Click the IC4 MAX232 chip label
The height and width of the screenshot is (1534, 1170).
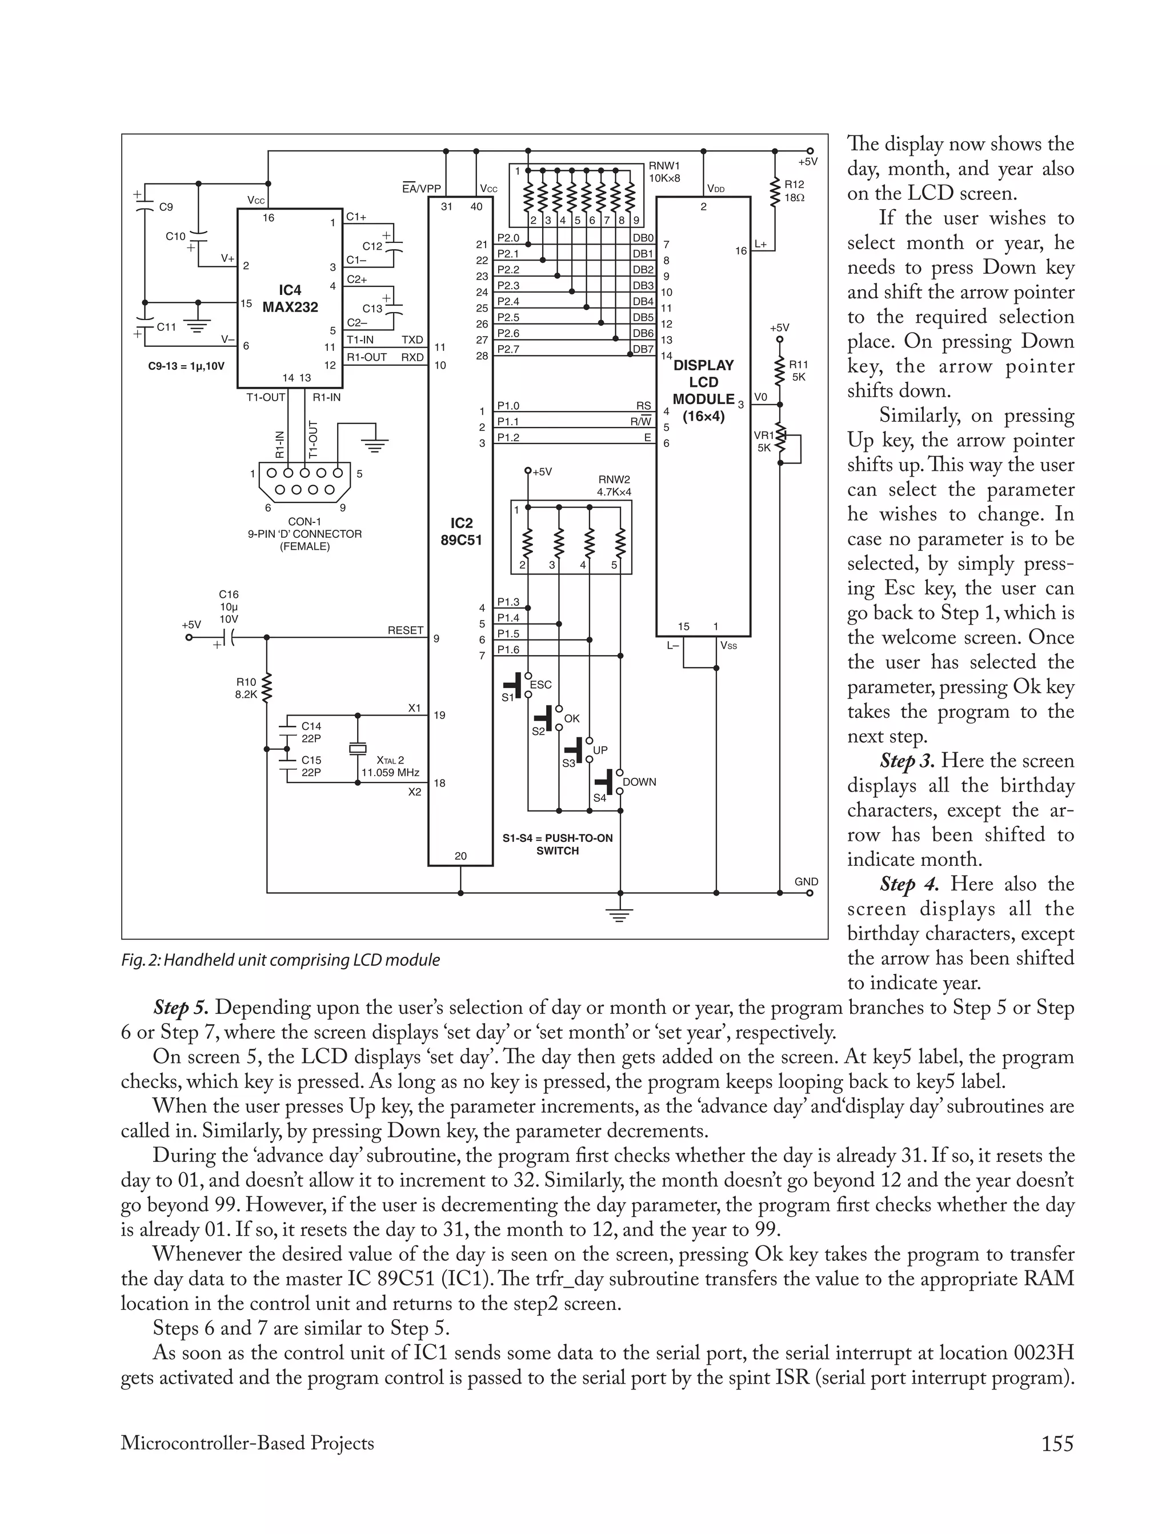click(x=290, y=298)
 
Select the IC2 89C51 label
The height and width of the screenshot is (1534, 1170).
click(x=461, y=532)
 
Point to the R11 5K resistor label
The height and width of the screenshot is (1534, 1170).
click(x=798, y=370)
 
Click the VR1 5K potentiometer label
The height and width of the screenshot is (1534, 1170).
click(x=763, y=442)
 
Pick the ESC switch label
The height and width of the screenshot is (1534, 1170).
click(x=540, y=685)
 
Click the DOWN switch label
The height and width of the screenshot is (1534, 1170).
click(x=639, y=782)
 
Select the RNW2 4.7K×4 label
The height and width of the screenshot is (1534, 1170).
click(x=614, y=486)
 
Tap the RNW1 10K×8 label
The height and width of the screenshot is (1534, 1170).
click(x=664, y=171)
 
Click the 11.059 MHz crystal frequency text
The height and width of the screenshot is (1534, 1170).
click(x=390, y=773)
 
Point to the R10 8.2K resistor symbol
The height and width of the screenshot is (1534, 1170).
click(x=267, y=688)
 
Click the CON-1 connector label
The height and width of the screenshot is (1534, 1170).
click(x=304, y=522)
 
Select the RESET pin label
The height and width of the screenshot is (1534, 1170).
click(x=405, y=630)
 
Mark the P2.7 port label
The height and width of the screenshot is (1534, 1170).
click(x=508, y=349)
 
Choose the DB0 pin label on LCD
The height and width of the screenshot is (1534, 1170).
click(x=643, y=238)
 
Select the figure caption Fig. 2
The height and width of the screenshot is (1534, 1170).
click(x=280, y=960)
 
